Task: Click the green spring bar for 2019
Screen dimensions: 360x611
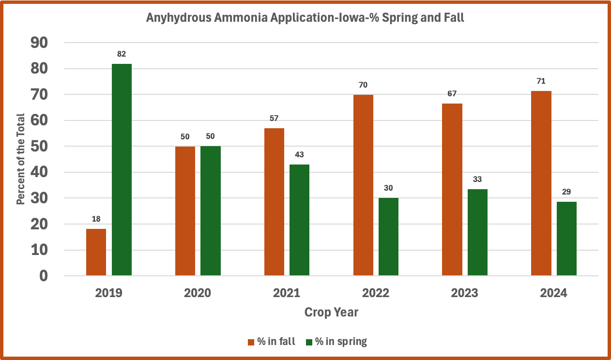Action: coord(122,169)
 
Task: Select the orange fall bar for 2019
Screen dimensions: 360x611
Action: coord(96,252)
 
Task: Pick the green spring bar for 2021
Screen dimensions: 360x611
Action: coord(299,220)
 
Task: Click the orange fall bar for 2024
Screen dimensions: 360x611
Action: coord(541,183)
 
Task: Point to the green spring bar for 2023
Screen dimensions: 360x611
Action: coord(477,232)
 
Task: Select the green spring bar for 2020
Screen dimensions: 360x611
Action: coord(211,211)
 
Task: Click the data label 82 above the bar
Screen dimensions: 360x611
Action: coord(122,54)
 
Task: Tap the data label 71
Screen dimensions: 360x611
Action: coord(541,81)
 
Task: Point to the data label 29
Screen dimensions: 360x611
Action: coord(566,192)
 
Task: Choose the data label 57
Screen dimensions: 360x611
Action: coord(274,118)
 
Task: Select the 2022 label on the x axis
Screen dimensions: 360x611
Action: coord(376,293)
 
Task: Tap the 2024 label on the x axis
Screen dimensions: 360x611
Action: coord(553,293)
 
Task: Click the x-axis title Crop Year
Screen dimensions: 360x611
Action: coord(331,313)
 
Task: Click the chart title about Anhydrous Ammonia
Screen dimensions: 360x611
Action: coord(305,19)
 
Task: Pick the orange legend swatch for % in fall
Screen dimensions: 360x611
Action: coord(251,342)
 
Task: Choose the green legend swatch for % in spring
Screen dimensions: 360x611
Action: coord(309,342)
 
